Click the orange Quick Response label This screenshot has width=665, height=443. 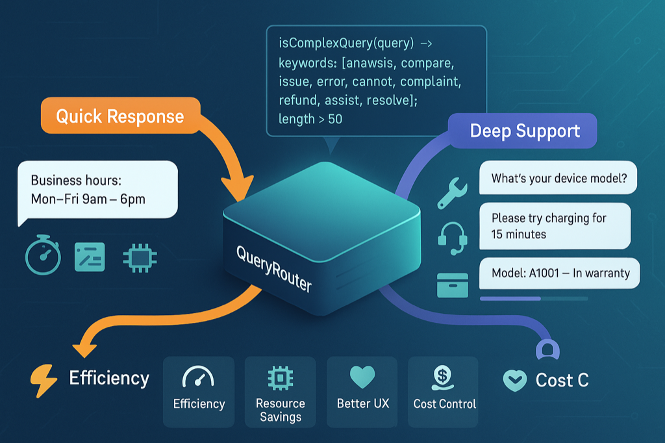tap(120, 116)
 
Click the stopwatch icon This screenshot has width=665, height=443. tap(42, 257)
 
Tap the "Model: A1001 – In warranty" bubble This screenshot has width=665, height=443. tap(560, 273)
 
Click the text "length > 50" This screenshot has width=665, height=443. tap(310, 119)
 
